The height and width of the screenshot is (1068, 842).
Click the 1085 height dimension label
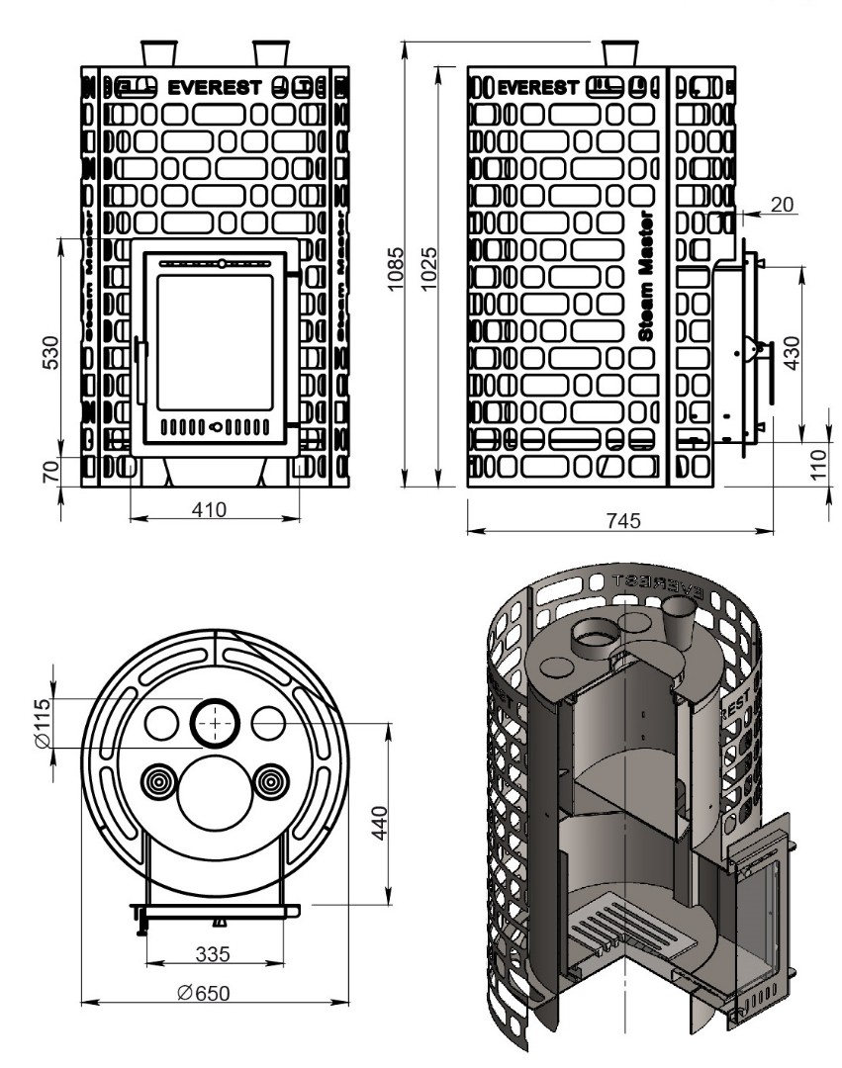(393, 264)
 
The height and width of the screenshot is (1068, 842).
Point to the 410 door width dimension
(210, 509)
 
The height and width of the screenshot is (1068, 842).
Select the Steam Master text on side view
(646, 276)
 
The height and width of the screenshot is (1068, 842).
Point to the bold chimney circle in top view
(215, 723)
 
